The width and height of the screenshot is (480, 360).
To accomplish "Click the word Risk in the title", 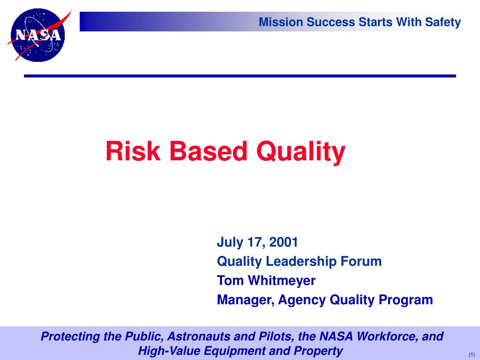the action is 133,151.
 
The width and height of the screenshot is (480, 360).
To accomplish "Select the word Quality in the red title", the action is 301,153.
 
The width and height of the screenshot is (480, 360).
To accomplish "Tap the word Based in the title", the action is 208,151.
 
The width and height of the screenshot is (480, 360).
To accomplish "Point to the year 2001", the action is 284,242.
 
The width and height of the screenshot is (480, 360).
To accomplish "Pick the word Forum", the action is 361,262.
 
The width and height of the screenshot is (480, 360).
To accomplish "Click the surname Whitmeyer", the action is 282,281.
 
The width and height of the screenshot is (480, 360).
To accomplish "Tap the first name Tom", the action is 231,281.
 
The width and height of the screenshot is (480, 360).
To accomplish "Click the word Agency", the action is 302,300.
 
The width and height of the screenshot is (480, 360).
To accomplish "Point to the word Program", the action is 405,300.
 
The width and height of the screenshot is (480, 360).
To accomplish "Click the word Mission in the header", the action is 281,22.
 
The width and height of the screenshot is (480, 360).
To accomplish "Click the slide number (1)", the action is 472,355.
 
